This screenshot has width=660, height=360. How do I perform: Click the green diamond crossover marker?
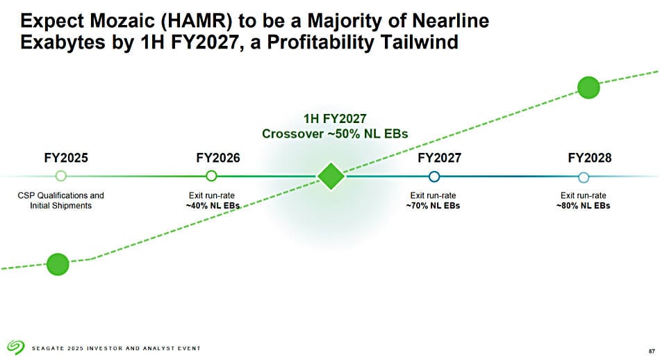click(x=331, y=177)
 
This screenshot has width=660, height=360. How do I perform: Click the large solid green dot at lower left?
click(x=58, y=264)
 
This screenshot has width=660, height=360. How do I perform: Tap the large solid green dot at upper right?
click(x=588, y=88)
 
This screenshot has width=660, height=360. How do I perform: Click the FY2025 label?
click(x=66, y=158)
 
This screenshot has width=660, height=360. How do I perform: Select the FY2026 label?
click(x=218, y=158)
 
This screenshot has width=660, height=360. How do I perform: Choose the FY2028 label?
click(x=590, y=158)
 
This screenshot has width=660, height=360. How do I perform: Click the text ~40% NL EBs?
click(x=213, y=206)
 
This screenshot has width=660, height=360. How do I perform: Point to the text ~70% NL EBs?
click(x=433, y=206)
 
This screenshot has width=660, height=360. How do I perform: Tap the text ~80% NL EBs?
click(x=584, y=206)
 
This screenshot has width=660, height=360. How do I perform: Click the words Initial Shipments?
click(x=60, y=206)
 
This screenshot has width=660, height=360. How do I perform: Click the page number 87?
click(x=652, y=351)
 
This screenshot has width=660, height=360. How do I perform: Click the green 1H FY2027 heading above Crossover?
click(x=335, y=119)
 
